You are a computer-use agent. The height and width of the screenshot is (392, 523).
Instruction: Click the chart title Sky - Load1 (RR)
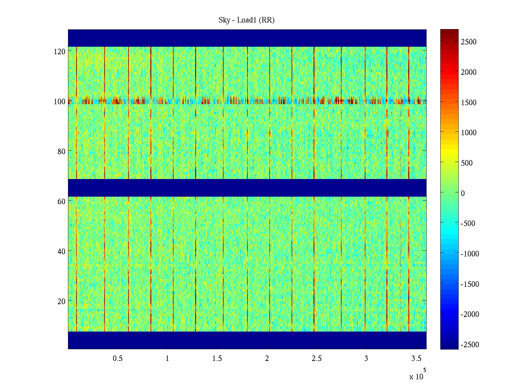point(246,20)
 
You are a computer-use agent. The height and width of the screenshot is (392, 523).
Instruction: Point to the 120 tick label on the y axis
point(59,52)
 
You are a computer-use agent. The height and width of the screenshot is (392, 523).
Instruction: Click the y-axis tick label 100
point(59,102)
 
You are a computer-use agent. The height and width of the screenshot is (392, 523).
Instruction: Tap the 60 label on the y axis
point(61,202)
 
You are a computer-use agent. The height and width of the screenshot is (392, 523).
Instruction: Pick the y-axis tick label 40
point(61,252)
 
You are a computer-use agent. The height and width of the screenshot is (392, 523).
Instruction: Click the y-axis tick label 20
point(61,302)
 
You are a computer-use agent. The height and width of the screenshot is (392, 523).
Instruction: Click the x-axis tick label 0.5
point(118,359)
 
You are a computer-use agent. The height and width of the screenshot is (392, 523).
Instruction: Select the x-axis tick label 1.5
point(217,359)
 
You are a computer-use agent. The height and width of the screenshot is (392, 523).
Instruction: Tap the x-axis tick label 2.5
point(316,359)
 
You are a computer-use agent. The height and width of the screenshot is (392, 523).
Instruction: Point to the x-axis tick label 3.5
point(416,359)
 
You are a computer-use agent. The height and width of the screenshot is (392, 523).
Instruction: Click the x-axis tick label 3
point(366,359)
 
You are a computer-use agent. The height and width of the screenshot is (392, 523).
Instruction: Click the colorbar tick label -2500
point(470,345)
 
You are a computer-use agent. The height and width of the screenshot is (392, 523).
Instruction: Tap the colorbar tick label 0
point(463,193)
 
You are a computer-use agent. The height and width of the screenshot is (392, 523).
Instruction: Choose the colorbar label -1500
point(470,284)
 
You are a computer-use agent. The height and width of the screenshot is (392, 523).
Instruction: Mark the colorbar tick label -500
point(468,223)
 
